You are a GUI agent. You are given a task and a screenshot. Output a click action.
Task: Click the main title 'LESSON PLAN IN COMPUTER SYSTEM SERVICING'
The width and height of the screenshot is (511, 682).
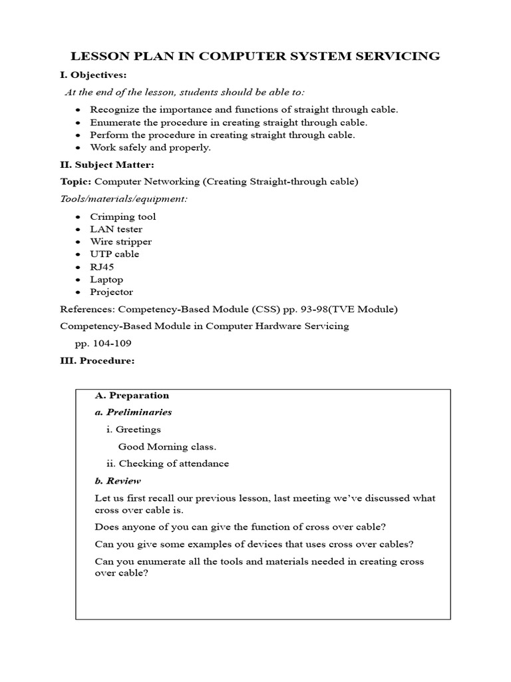pyautogui.click(x=255, y=56)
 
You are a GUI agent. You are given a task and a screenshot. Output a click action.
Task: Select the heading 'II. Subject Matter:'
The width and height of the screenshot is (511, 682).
pyautogui.click(x=107, y=164)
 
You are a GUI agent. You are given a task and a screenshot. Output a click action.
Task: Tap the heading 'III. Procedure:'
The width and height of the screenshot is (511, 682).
pyautogui.click(x=97, y=361)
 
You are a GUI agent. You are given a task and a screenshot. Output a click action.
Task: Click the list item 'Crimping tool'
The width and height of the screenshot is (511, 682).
pyautogui.click(x=123, y=216)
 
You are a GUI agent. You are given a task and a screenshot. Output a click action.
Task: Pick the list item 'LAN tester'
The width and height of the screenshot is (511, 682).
pyautogui.click(x=116, y=229)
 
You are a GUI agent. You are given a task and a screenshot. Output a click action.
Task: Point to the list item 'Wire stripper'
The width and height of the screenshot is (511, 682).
pyautogui.click(x=121, y=242)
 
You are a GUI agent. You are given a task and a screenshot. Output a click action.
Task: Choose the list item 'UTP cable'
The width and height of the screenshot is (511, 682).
pyautogui.click(x=114, y=254)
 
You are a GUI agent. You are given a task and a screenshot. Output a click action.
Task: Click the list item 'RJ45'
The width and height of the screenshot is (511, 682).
pyautogui.click(x=103, y=267)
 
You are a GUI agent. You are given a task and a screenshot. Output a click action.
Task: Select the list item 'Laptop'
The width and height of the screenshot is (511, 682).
pyautogui.click(x=106, y=280)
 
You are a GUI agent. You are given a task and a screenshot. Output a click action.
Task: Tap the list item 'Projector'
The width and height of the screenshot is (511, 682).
pyautogui.click(x=112, y=292)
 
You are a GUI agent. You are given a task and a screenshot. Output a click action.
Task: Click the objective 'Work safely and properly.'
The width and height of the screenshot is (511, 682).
pyautogui.click(x=150, y=148)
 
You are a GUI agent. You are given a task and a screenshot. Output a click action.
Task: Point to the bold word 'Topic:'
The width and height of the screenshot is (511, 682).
pyautogui.click(x=76, y=181)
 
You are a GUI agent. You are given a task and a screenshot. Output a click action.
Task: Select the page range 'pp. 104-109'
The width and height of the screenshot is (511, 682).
pyautogui.click(x=104, y=344)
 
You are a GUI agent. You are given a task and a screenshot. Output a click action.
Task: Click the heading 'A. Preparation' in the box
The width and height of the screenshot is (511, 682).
pyautogui.click(x=132, y=396)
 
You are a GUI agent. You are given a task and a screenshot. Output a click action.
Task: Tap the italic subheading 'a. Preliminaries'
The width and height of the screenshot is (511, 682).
pyautogui.click(x=134, y=412)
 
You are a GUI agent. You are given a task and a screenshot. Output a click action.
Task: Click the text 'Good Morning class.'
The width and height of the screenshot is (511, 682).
pyautogui.click(x=167, y=447)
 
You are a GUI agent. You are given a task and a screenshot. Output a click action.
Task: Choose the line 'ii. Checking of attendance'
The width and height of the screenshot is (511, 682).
pyautogui.click(x=168, y=464)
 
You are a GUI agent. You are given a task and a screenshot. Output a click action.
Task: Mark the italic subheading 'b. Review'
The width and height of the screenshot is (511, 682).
pyautogui.click(x=118, y=481)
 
